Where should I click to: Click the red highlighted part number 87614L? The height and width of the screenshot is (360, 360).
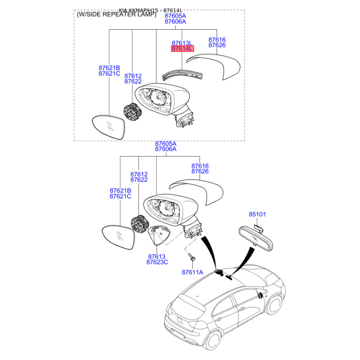(x=182, y=49)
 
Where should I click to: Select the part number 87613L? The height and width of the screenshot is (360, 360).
(x=182, y=43)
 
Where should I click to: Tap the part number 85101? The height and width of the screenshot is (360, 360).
(x=257, y=214)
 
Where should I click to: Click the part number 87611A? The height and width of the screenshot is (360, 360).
(x=193, y=272)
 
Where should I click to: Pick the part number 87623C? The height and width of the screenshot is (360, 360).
(x=157, y=262)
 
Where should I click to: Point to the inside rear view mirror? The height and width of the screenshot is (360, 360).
(x=256, y=238)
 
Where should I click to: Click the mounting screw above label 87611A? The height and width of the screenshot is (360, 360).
(x=192, y=257)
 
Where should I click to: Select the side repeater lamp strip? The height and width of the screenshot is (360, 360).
(x=182, y=75)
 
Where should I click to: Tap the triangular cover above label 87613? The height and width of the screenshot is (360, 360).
(x=159, y=235)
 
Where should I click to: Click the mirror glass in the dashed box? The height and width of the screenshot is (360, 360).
(x=108, y=126)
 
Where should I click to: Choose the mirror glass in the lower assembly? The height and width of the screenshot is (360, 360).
(x=118, y=237)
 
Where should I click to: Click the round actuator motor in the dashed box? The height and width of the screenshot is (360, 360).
(x=132, y=112)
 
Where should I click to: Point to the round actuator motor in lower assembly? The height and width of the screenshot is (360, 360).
(x=139, y=224)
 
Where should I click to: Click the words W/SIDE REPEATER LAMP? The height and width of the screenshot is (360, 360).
(x=117, y=14)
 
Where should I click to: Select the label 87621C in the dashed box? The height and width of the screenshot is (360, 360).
(x=109, y=73)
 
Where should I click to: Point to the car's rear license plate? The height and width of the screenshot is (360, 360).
(x=177, y=333)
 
